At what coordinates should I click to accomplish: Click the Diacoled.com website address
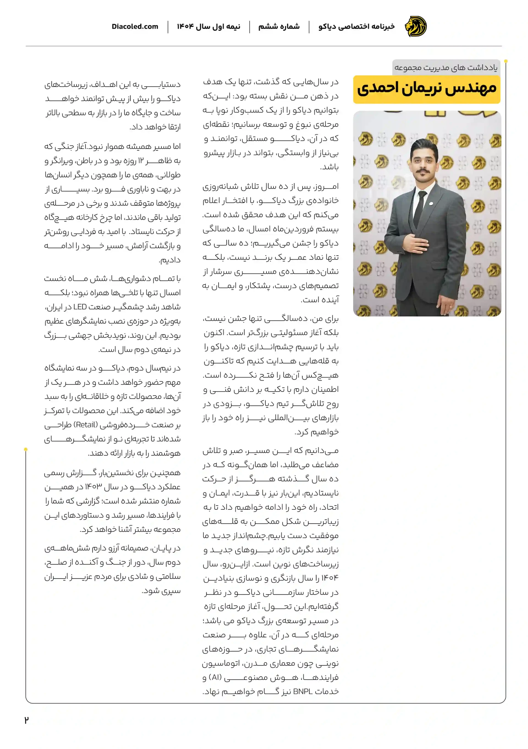click(x=134, y=26)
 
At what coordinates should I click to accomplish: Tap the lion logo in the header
click(x=415, y=26)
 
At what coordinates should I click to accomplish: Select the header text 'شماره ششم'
click(x=279, y=26)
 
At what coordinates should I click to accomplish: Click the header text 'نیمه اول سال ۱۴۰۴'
click(x=208, y=26)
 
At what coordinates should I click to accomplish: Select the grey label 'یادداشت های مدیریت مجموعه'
click(x=446, y=68)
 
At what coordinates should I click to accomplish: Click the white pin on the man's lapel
click(x=431, y=204)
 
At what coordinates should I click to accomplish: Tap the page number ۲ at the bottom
click(x=26, y=720)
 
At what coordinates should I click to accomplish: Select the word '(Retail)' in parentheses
click(x=86, y=425)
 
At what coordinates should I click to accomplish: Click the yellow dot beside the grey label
click(x=506, y=61)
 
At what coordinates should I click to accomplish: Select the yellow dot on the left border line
click(x=26, y=449)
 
